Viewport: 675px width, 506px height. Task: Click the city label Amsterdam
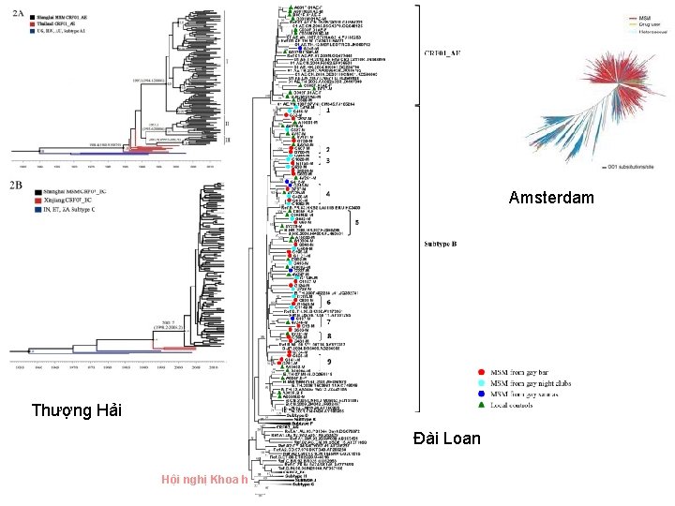click(551, 198)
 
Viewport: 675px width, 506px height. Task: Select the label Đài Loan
click(446, 439)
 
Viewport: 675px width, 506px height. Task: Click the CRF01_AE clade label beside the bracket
click(442, 54)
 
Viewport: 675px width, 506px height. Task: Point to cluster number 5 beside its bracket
click(356, 222)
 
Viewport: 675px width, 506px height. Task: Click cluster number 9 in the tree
click(327, 362)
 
